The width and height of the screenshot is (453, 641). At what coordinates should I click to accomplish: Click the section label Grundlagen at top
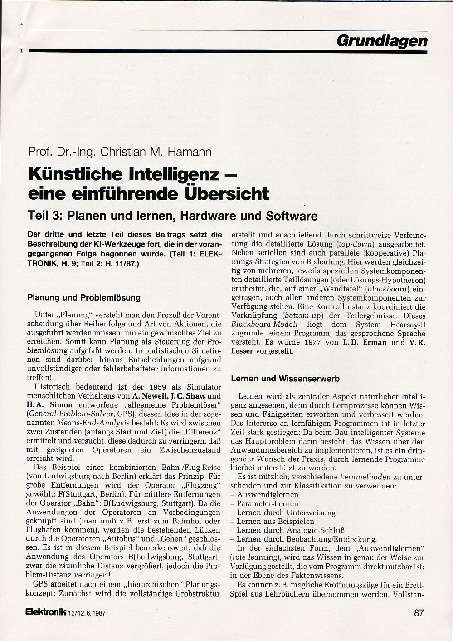point(382,41)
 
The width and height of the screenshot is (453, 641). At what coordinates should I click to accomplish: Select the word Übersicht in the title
point(226,194)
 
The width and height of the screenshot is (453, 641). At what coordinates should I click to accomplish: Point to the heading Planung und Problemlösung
point(84,298)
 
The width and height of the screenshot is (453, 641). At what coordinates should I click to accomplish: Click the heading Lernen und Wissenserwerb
point(285,378)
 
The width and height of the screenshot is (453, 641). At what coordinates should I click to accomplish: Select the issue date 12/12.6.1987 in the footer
point(90,613)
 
